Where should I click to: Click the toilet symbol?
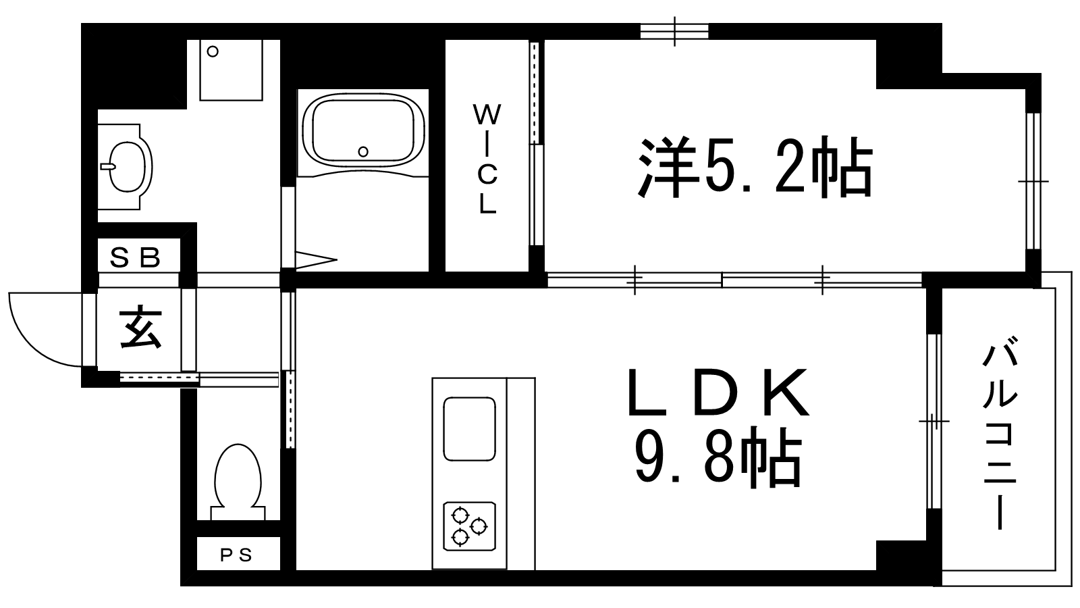click(x=238, y=482)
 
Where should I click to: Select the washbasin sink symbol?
click(x=126, y=166)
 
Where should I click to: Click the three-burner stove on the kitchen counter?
click(x=470, y=526)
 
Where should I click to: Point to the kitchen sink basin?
click(x=470, y=428)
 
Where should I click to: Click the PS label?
click(x=236, y=555)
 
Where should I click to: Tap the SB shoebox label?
click(x=135, y=257)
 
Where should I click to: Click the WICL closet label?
click(x=487, y=159)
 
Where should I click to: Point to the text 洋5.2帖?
click(x=755, y=166)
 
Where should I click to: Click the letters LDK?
click(x=718, y=392)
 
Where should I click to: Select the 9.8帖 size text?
click(x=718, y=457)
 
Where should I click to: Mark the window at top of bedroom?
click(x=674, y=31)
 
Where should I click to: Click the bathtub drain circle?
click(x=363, y=152)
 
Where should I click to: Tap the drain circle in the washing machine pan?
click(x=213, y=51)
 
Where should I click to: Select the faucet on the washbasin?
click(x=108, y=166)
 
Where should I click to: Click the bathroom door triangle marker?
click(x=316, y=260)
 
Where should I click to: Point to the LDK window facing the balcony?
click(x=934, y=422)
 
